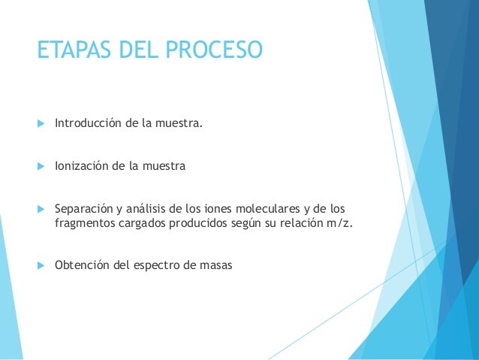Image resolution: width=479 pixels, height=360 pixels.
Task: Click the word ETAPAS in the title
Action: pyautogui.click(x=74, y=50)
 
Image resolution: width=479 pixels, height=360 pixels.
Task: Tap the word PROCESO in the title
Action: pyautogui.click(x=214, y=50)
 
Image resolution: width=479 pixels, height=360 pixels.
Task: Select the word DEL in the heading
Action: pyautogui.click(x=138, y=50)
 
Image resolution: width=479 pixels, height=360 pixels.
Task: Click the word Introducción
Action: pyautogui.click(x=88, y=123)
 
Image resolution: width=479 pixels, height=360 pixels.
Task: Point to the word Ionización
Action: pyautogui.click(x=82, y=166)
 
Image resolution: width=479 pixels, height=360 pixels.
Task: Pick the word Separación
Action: pyautogui.click(x=83, y=209)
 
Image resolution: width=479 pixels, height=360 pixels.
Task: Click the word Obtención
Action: pyautogui.click(x=82, y=265)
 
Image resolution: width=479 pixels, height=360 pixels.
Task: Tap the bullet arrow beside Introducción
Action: pyautogui.click(x=41, y=123)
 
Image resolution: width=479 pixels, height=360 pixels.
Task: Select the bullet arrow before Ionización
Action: pyautogui.click(x=41, y=166)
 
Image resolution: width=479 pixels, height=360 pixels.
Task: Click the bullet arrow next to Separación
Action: pyautogui.click(x=41, y=209)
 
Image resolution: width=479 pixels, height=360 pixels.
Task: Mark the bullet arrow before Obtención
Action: pyautogui.click(x=41, y=265)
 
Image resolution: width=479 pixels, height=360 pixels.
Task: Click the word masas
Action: pyautogui.click(x=216, y=265)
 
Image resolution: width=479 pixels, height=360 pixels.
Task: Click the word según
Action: pyautogui.click(x=246, y=224)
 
